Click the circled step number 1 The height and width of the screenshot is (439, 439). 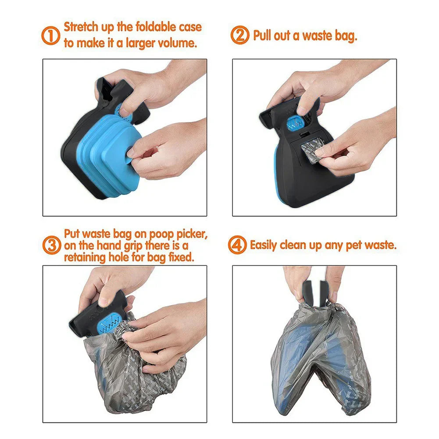(x=51, y=35)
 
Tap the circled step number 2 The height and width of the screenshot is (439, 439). (x=240, y=35)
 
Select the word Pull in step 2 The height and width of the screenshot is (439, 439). (x=263, y=36)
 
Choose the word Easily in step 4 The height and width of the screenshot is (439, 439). (x=264, y=245)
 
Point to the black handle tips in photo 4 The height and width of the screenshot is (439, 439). (x=315, y=289)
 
